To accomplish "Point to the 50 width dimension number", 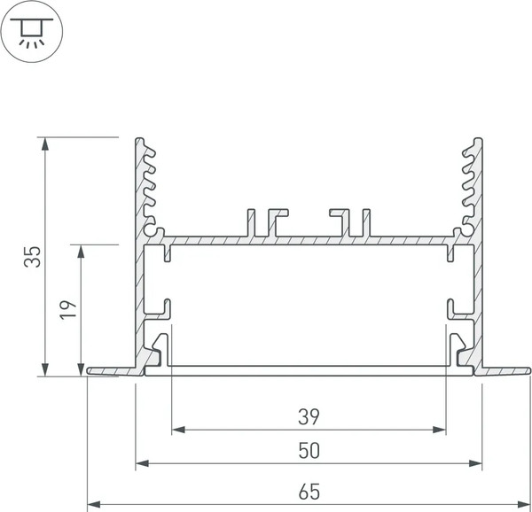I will pos(308,451).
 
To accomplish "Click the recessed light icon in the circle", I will pos(31,31).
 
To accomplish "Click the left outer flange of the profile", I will pos(111,369).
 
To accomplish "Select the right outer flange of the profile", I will pos(505,368).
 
